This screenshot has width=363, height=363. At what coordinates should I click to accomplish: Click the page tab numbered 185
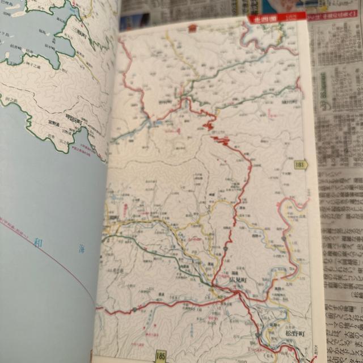[x=161, y=356]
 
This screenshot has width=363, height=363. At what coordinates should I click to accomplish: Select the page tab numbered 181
[x=301, y=165]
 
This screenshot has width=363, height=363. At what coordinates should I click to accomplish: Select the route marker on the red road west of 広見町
[x=134, y=310]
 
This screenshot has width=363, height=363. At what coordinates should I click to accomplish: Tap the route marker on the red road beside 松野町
[x=259, y=335]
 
